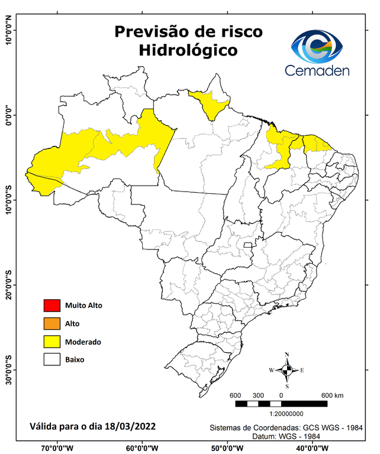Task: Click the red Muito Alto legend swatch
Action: pyautogui.click(x=51, y=306)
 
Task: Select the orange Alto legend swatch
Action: pyautogui.click(x=51, y=323)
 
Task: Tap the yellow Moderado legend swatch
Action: pyautogui.click(x=51, y=341)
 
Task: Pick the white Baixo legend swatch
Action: pyautogui.click(x=51, y=359)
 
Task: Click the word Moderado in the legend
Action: pyautogui.click(x=83, y=342)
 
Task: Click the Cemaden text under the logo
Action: pyautogui.click(x=317, y=70)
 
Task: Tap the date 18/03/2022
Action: pyautogui.click(x=129, y=426)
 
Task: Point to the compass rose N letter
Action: pyautogui.click(x=287, y=355)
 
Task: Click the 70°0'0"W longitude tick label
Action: pyautogui.click(x=57, y=447)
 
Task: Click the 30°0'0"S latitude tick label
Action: pyautogui.click(x=8, y=369)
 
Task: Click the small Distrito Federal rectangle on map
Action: pyautogui.click(x=249, y=243)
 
